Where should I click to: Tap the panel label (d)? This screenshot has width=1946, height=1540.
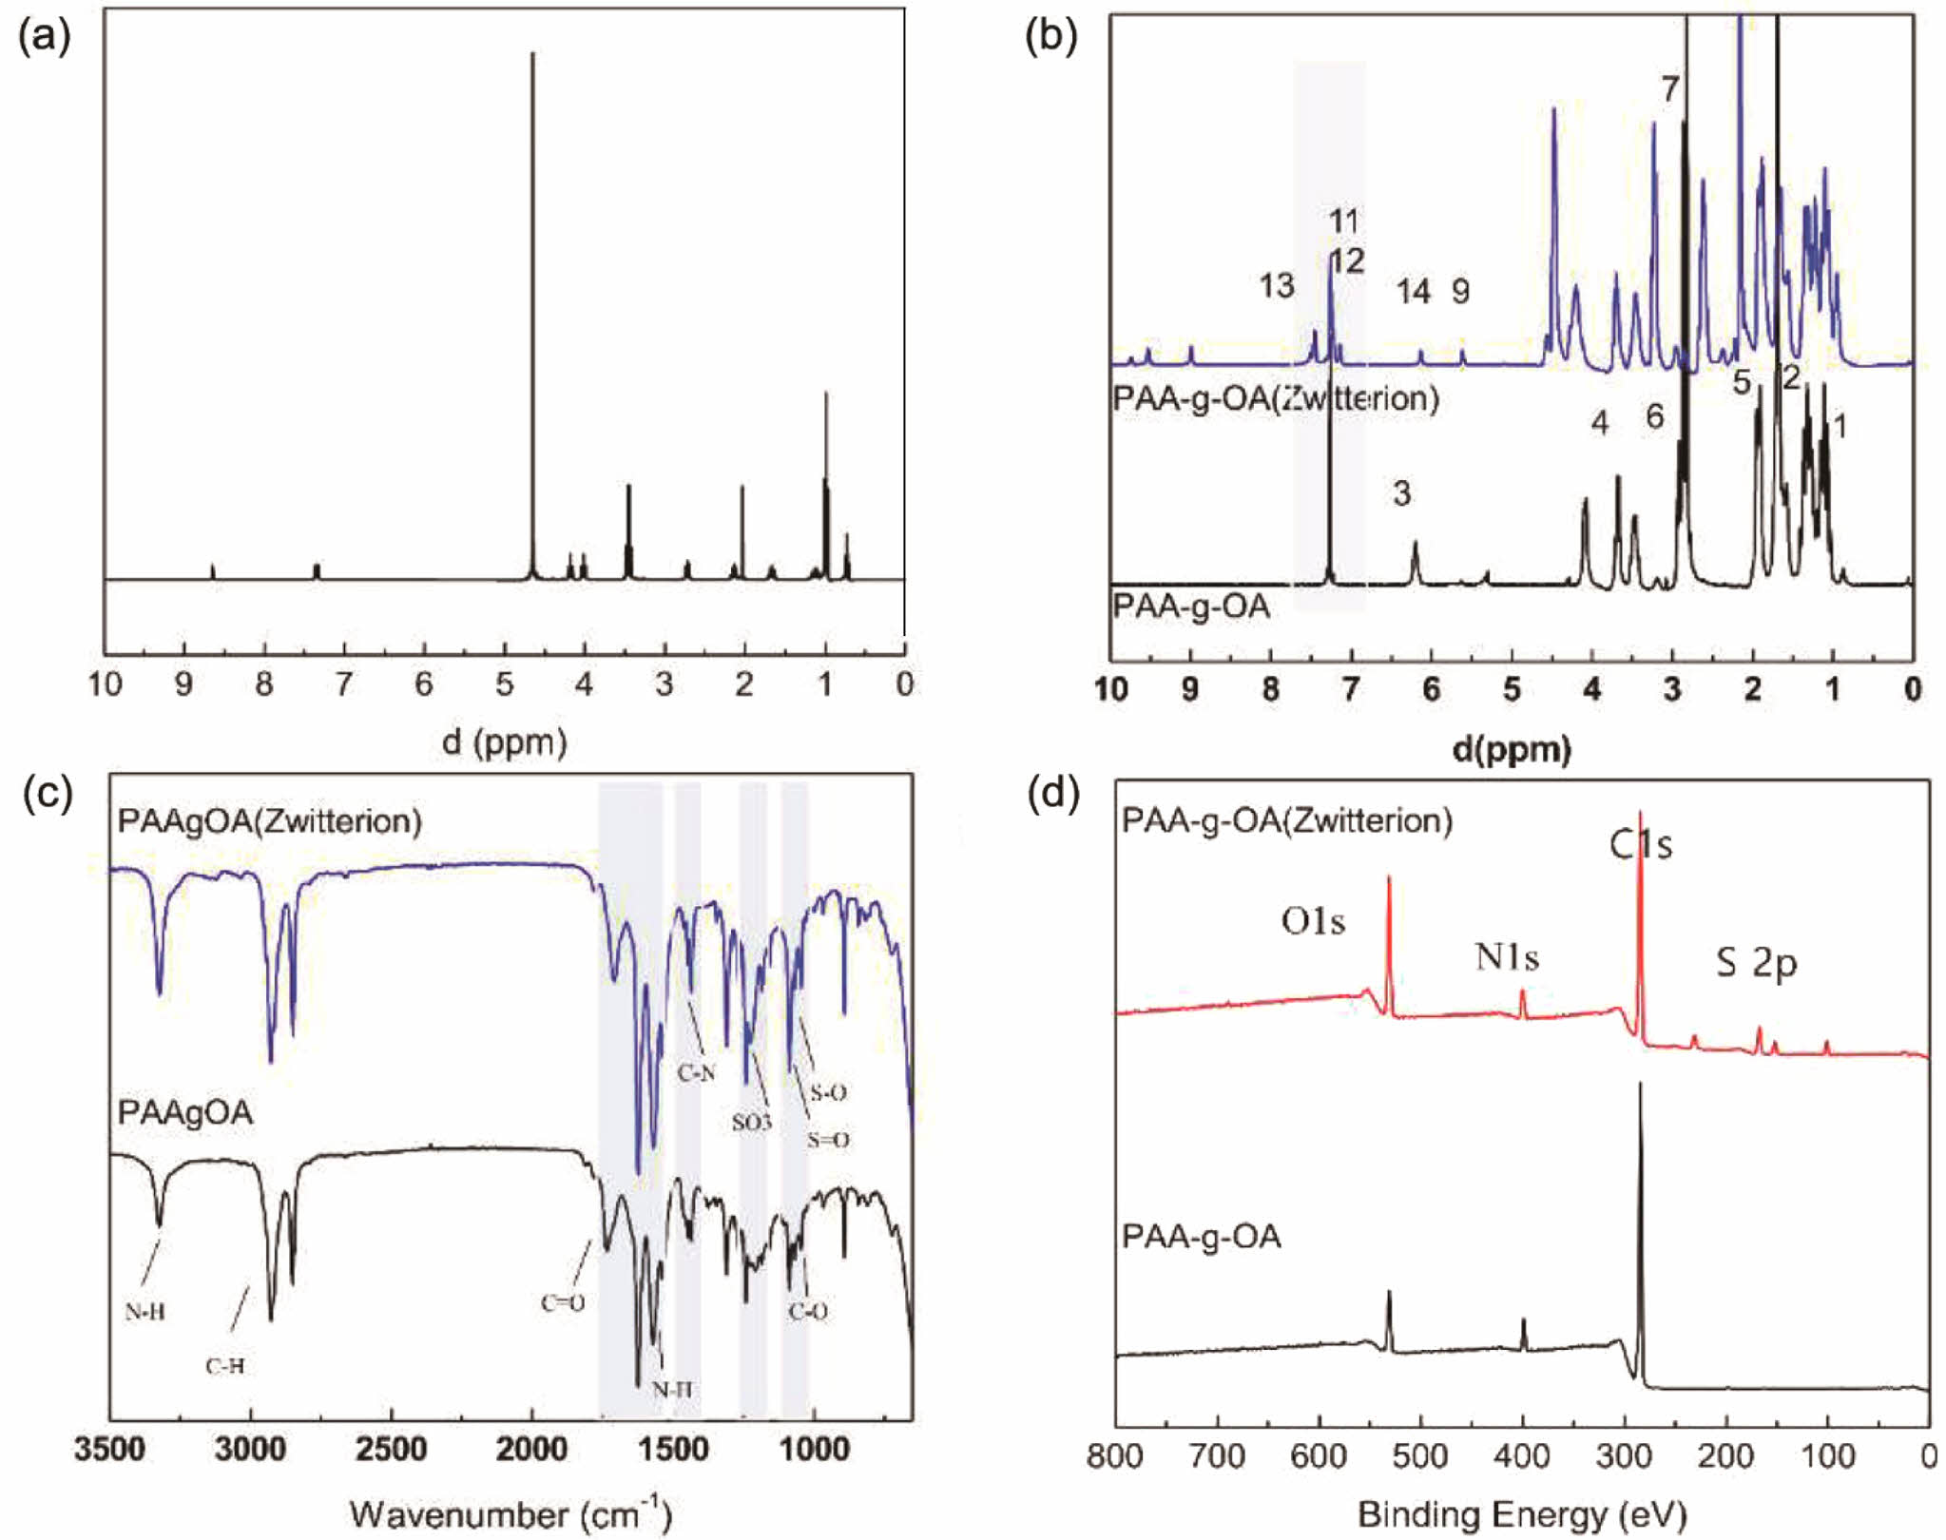(x=1053, y=794)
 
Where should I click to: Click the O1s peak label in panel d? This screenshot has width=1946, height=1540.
(x=1313, y=920)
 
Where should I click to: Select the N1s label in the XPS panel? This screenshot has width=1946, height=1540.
(x=1507, y=956)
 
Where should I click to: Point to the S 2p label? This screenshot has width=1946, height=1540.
(x=1756, y=964)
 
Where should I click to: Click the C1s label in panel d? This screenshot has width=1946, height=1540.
(x=1641, y=844)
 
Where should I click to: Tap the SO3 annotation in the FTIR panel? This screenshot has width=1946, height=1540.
(x=751, y=1123)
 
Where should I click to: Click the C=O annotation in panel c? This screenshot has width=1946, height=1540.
(x=563, y=1302)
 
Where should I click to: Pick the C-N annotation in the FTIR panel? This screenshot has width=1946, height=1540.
(x=696, y=1074)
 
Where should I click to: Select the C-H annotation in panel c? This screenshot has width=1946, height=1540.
(x=225, y=1366)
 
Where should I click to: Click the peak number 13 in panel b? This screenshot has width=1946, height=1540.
(x=1277, y=285)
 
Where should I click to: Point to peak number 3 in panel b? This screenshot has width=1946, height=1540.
(x=1401, y=493)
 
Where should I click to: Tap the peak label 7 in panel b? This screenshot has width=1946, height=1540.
(x=1670, y=89)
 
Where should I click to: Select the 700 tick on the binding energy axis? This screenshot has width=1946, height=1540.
(x=1218, y=1456)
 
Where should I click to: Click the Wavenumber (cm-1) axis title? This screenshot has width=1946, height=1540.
(x=511, y=1512)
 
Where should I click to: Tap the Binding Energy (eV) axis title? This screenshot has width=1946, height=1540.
(x=1522, y=1512)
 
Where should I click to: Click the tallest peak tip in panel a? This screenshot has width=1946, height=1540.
(x=532, y=54)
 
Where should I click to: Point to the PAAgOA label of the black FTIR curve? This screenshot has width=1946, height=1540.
(x=185, y=1112)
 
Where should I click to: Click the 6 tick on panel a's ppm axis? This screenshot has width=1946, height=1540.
(x=424, y=683)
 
